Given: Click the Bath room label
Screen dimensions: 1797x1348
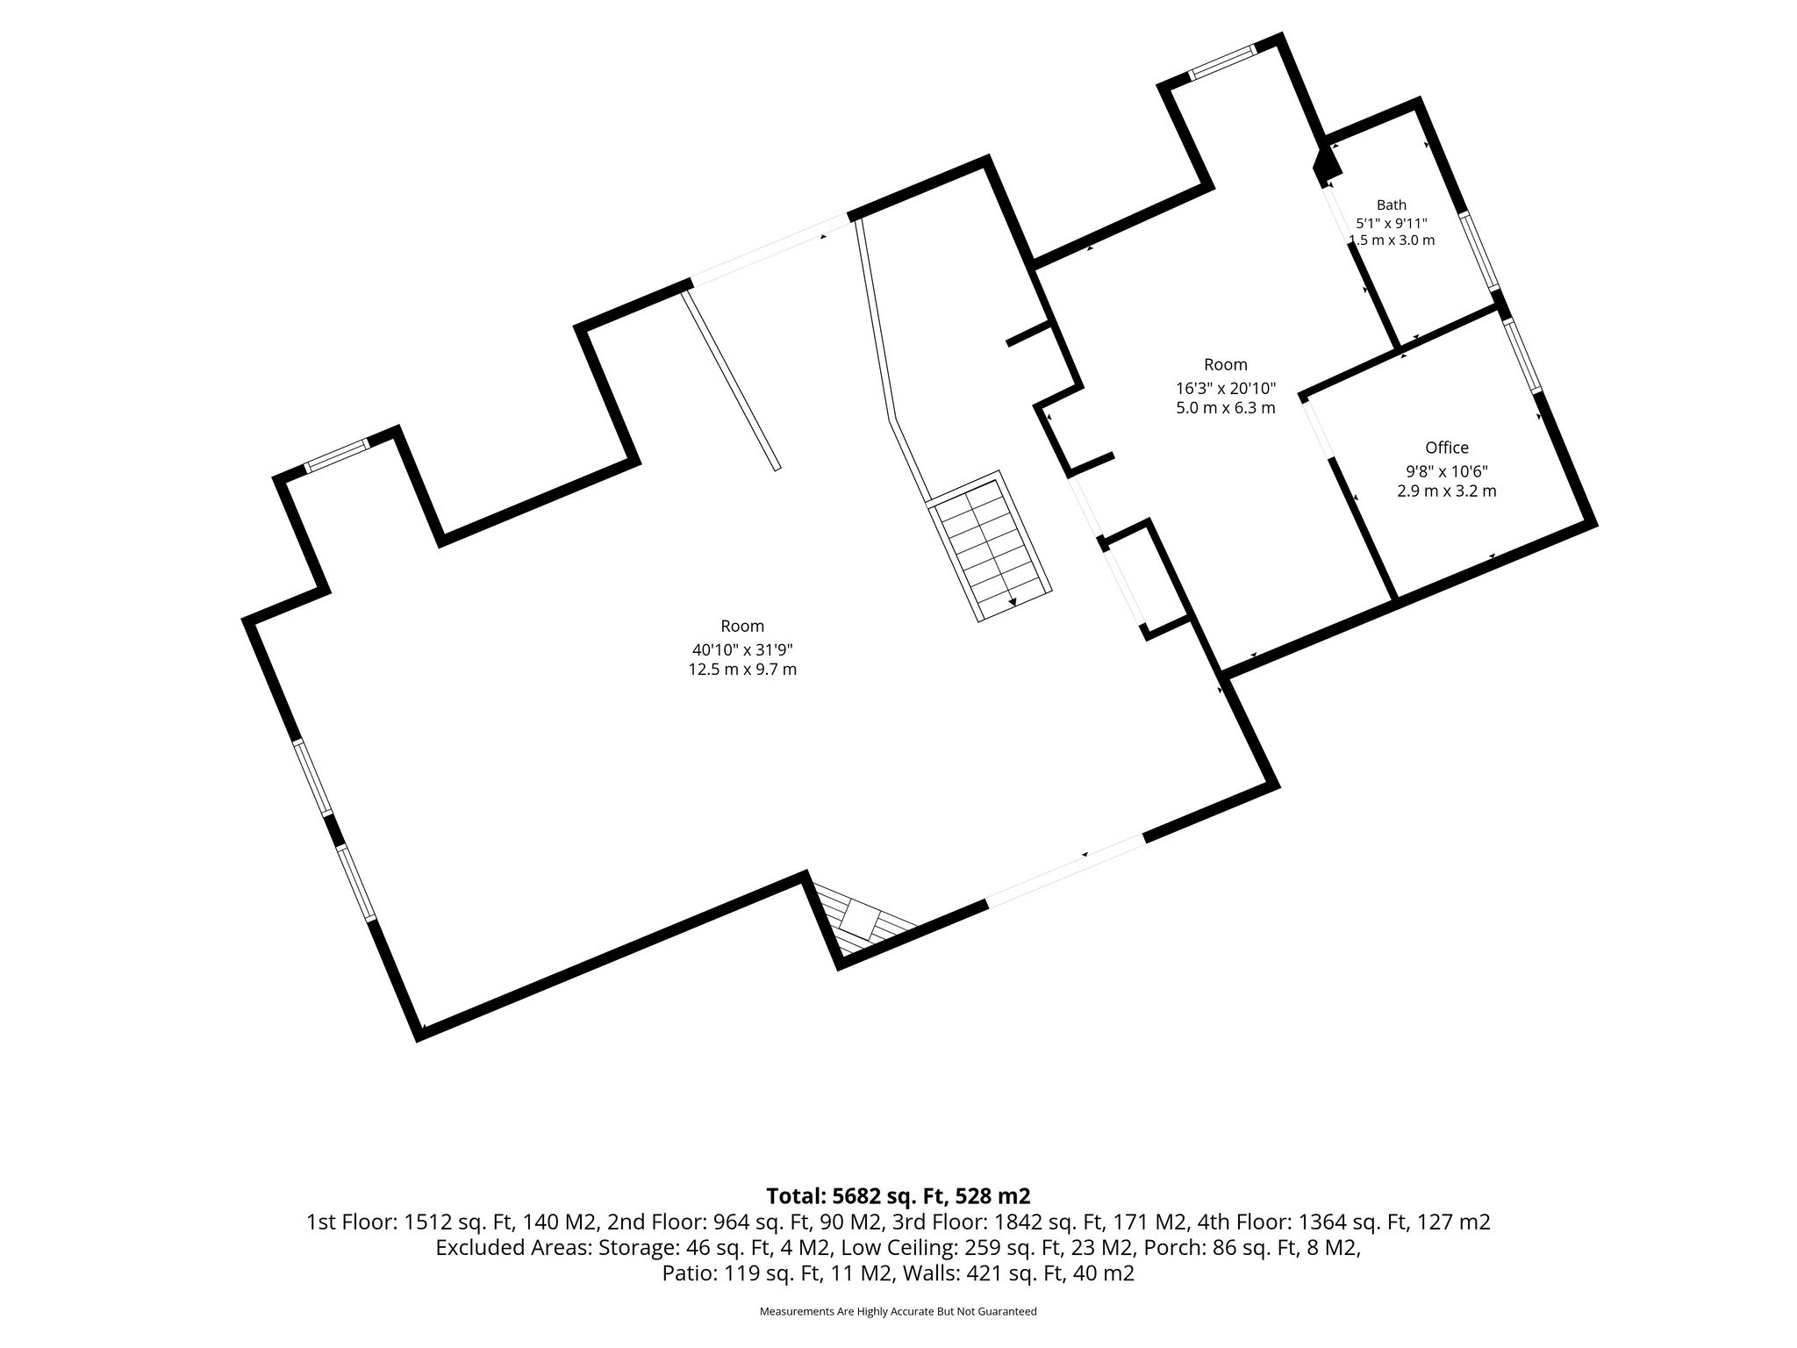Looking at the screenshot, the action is coord(1392,205).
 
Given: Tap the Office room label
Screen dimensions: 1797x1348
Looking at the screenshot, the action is coord(1447,448).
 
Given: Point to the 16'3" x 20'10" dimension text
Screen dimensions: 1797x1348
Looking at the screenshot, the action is coord(1226,387).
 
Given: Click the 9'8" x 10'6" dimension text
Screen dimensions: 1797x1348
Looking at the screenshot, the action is coord(1447,470).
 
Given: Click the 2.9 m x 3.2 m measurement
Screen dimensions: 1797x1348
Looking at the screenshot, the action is coord(1447,491).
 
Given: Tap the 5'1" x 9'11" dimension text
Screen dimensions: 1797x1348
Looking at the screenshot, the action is coord(1392,223).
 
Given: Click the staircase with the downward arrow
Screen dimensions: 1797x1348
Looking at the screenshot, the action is coord(991,546).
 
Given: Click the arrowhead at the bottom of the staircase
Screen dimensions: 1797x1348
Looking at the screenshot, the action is coord(1013,602).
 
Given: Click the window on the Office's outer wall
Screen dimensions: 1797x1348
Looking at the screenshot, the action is coord(1523,355).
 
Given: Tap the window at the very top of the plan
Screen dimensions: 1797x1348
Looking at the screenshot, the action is coord(1223,62).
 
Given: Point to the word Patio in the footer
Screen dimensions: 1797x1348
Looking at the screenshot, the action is coord(689,1273).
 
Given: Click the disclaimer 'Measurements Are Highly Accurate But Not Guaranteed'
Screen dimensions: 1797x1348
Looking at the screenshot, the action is coord(898,1312).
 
